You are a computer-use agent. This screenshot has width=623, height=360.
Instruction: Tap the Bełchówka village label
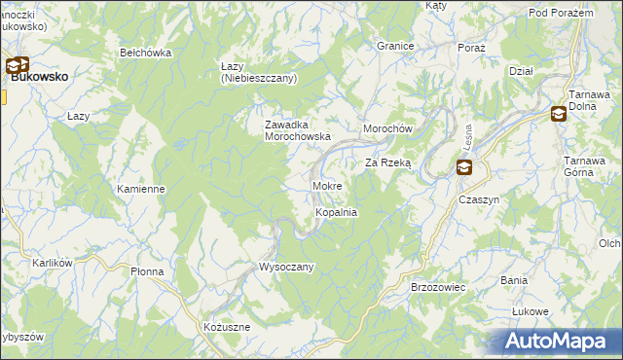pos(145,53)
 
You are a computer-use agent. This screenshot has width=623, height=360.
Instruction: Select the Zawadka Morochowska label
pos(300,130)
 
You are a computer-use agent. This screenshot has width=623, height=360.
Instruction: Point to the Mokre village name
pos(326,185)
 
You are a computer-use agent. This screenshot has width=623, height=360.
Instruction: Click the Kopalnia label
pos(336,212)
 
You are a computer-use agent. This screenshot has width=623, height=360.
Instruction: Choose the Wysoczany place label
pos(285,267)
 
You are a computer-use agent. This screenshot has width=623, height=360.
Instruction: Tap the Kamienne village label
pos(140,189)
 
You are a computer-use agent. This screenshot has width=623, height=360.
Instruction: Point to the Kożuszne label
pos(227,327)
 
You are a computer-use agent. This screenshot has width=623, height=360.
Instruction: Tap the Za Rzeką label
pos(388,163)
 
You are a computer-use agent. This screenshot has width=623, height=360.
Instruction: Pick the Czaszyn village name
pos(479,198)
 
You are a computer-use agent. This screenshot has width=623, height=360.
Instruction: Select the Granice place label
pos(396,46)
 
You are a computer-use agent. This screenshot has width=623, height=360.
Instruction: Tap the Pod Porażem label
pos(561,13)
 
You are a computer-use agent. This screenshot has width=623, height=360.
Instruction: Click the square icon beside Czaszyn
pos(464,168)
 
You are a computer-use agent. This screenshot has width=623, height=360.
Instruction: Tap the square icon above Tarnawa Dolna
pos(558,114)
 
